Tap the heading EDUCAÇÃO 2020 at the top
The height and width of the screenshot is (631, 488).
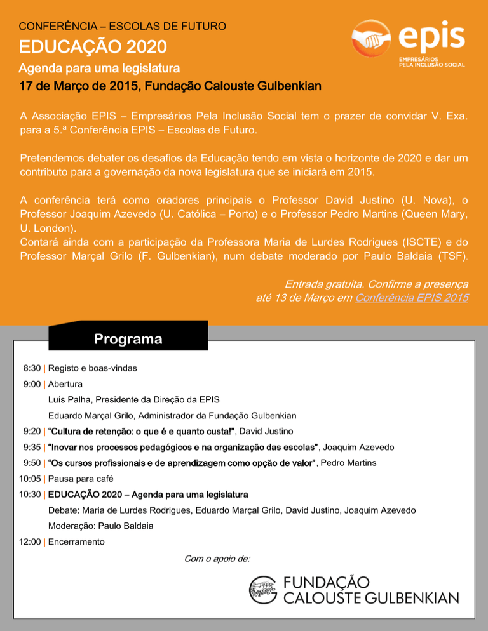(x=93, y=46)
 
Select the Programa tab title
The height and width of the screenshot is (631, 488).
(x=128, y=339)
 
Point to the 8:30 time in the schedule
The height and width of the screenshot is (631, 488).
(x=32, y=368)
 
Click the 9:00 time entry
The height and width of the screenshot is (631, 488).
(x=32, y=384)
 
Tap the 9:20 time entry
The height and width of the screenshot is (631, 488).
(x=32, y=432)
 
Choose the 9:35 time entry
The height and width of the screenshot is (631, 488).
(x=32, y=448)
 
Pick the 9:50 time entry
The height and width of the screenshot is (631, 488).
(x=32, y=463)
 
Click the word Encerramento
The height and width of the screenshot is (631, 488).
(x=76, y=542)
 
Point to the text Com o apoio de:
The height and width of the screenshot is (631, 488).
(x=217, y=559)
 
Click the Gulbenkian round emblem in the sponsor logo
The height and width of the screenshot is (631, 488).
(x=262, y=590)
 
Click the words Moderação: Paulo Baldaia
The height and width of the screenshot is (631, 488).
(x=100, y=526)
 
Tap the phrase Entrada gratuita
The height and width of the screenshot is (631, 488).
(x=324, y=284)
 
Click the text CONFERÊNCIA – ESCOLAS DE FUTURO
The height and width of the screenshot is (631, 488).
(x=123, y=27)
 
